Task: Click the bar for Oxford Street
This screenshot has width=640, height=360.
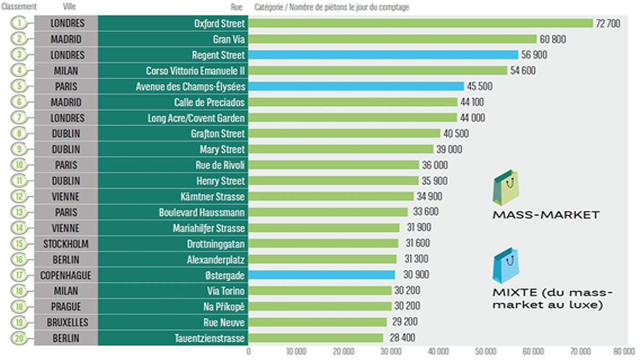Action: [420, 23]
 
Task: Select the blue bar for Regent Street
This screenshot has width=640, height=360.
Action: [383, 55]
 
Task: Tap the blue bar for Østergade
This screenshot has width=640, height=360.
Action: [322, 275]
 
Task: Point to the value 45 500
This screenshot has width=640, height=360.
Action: [481, 86]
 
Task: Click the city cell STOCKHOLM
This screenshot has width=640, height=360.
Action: [66, 243]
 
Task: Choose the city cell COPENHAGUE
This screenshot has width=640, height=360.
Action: [66, 275]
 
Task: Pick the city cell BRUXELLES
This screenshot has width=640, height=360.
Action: [66, 322]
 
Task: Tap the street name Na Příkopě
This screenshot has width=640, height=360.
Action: [226, 306]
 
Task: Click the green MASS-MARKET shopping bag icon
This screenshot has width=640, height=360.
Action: [505, 187]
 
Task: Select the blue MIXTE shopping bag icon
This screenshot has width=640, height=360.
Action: [506, 266]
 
